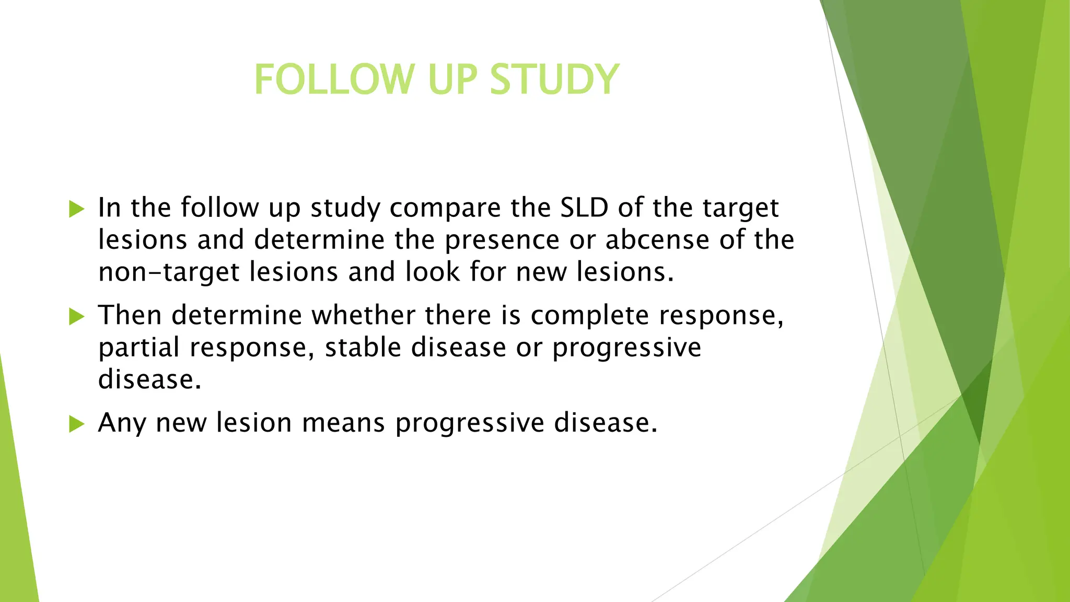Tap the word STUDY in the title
[554, 79]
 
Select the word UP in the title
[452, 79]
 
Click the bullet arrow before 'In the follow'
[76, 209]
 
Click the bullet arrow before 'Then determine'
[76, 316]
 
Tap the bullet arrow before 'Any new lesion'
[76, 424]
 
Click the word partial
[139, 348]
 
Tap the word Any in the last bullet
[122, 423]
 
